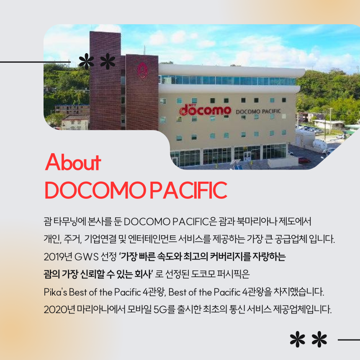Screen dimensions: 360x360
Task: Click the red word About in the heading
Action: tap(73, 162)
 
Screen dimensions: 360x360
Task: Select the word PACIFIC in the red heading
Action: tap(189, 190)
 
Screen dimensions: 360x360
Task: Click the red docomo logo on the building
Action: tap(205, 110)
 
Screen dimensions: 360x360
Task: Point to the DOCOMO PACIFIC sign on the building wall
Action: tap(258, 112)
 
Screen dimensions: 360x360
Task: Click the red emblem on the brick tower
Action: tap(142, 70)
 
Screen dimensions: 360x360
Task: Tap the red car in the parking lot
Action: tap(304, 160)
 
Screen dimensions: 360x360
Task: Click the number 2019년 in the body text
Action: tap(58, 257)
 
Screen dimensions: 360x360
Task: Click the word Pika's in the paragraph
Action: tap(55, 292)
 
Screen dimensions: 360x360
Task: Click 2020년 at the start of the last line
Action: tap(59, 309)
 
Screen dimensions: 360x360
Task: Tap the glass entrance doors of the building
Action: tap(247, 156)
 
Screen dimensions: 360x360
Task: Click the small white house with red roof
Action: tap(75, 122)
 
